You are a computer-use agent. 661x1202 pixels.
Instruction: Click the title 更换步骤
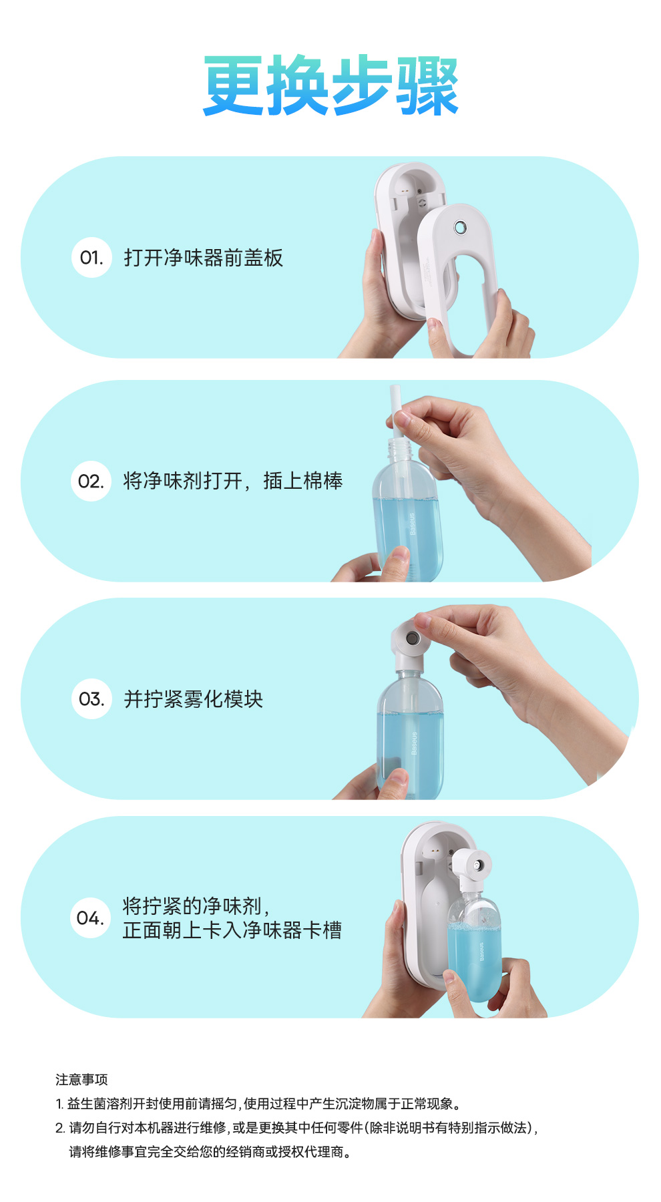click(x=331, y=86)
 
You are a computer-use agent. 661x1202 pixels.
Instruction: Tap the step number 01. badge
click(x=91, y=257)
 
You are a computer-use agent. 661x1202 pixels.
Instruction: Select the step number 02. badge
click(x=91, y=481)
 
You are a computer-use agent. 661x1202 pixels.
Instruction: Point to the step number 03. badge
click(x=91, y=699)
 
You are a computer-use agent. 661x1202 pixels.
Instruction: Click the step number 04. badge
click(x=90, y=918)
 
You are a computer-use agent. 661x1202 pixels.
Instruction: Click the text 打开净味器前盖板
click(x=204, y=258)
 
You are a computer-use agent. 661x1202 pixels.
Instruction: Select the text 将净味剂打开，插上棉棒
click(x=233, y=481)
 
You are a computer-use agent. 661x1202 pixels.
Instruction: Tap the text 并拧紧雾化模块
click(x=194, y=699)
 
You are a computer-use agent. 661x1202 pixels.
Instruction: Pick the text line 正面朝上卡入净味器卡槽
click(x=232, y=930)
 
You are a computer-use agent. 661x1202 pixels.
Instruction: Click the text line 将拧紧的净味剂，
click(x=196, y=906)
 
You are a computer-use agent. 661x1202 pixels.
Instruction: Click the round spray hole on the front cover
click(x=460, y=228)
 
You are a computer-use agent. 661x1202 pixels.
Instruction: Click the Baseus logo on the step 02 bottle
click(x=412, y=524)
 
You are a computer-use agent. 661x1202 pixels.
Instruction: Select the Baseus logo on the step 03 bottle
click(x=414, y=743)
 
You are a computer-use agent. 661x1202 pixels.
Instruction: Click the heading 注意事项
click(x=81, y=1080)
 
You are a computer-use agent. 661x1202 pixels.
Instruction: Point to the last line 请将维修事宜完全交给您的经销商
click(x=210, y=1152)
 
